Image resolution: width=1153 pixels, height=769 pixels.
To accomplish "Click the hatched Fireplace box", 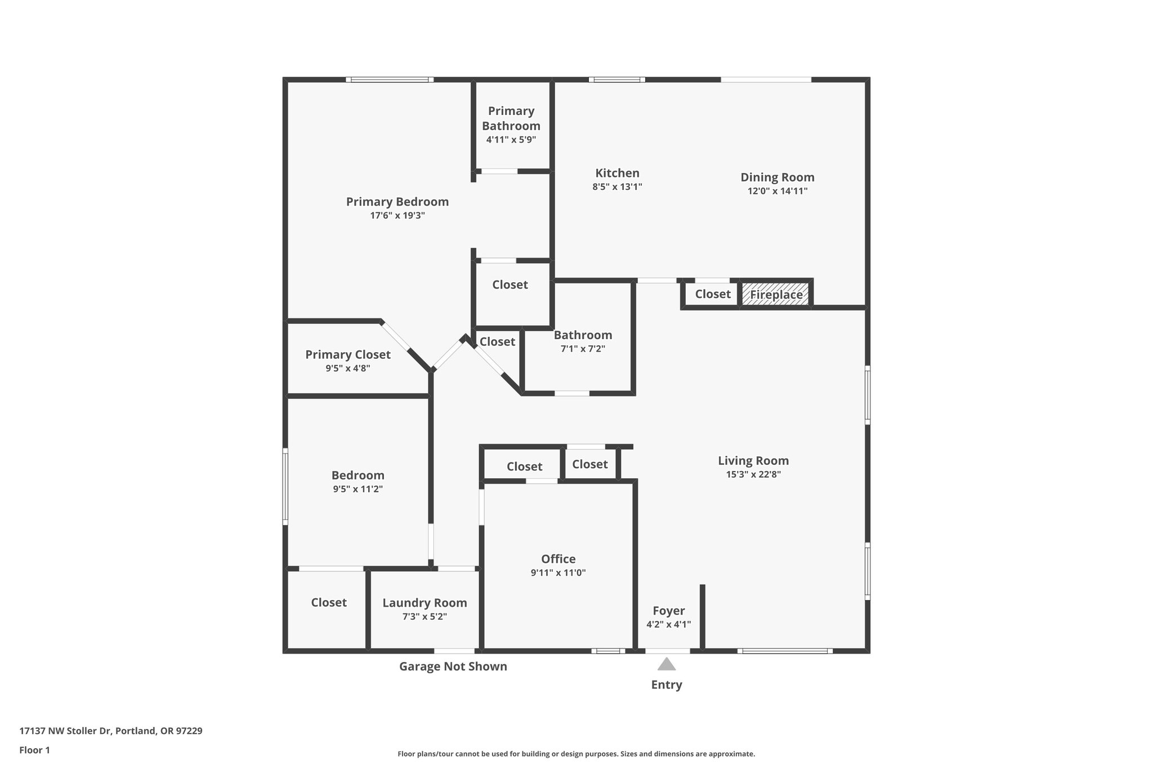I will point(775,294).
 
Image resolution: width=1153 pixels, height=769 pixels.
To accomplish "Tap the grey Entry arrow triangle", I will point(667,664).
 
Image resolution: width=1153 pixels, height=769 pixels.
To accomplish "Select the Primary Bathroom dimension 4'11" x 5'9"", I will point(511,139).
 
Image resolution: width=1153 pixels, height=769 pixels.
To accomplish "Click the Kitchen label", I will point(617,173).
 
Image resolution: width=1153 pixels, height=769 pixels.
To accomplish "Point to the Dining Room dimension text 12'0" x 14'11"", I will point(777,191).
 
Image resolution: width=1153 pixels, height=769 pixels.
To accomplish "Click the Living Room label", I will point(753,461).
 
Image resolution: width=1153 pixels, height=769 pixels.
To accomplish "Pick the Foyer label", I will point(668,611).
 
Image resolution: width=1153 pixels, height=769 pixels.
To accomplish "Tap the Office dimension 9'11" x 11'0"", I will point(558,573).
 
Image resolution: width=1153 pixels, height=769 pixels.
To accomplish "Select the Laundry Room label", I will point(424,603).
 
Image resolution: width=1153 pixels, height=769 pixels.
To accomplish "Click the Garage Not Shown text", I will point(453,666).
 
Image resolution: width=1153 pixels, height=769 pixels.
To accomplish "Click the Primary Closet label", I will point(347,354).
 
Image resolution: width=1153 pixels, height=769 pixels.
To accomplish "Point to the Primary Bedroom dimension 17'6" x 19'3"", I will point(397,215).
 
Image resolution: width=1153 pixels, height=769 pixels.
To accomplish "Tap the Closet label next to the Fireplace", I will point(712,294).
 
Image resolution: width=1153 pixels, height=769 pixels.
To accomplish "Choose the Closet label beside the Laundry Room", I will point(329,602).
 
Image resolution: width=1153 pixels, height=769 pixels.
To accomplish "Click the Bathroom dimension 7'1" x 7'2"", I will point(583,349).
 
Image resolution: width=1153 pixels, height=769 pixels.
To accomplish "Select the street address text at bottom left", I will point(111,731).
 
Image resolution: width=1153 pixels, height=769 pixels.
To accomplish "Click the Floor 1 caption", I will point(34,750).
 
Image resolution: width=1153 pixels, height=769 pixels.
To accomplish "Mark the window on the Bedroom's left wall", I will point(285,487).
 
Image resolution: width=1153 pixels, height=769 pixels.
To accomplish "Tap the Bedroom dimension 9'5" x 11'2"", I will point(357,489).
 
